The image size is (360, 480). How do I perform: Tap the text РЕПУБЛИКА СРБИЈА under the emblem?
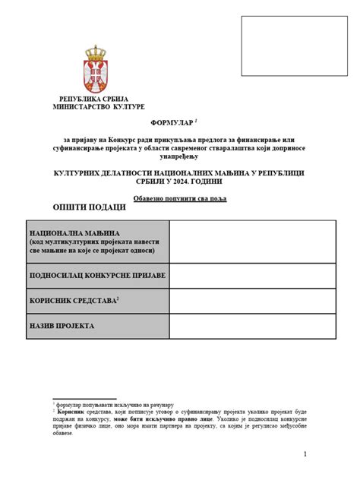(x=94, y=99)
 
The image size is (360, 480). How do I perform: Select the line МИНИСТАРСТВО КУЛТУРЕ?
(x=98, y=107)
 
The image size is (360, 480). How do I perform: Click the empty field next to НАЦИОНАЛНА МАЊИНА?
(x=252, y=240)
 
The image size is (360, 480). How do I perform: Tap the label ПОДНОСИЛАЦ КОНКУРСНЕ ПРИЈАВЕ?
(x=96, y=274)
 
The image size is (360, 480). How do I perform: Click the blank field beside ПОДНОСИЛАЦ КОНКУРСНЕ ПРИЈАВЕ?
(x=252, y=274)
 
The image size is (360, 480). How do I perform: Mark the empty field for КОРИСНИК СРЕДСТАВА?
(x=252, y=301)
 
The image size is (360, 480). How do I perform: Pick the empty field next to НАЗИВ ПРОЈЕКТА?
(x=252, y=326)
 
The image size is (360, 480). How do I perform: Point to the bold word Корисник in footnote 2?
(x=69, y=411)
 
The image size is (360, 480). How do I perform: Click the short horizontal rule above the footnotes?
(x=84, y=398)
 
